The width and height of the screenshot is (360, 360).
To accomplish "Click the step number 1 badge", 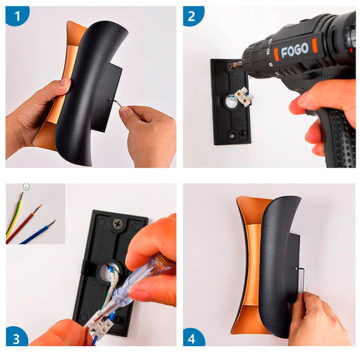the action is [17, 16].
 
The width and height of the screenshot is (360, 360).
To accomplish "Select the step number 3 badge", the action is [17, 337].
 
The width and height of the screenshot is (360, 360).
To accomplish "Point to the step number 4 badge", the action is [193, 337].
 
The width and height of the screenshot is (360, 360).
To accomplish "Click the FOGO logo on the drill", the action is [295, 50].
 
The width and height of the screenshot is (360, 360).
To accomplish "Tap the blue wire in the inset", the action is [38, 232].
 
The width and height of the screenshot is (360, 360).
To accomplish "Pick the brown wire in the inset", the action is [24, 224].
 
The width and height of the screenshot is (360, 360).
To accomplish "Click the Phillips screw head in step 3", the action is [118, 223].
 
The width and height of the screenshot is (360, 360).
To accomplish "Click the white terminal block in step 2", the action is [243, 96].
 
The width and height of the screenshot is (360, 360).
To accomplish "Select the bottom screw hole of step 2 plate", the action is [233, 136].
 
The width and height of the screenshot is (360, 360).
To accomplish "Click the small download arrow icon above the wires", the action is [26, 187].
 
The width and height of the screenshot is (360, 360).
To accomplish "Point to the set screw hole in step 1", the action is [111, 100].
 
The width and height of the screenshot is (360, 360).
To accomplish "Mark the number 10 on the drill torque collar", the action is [268, 52].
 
